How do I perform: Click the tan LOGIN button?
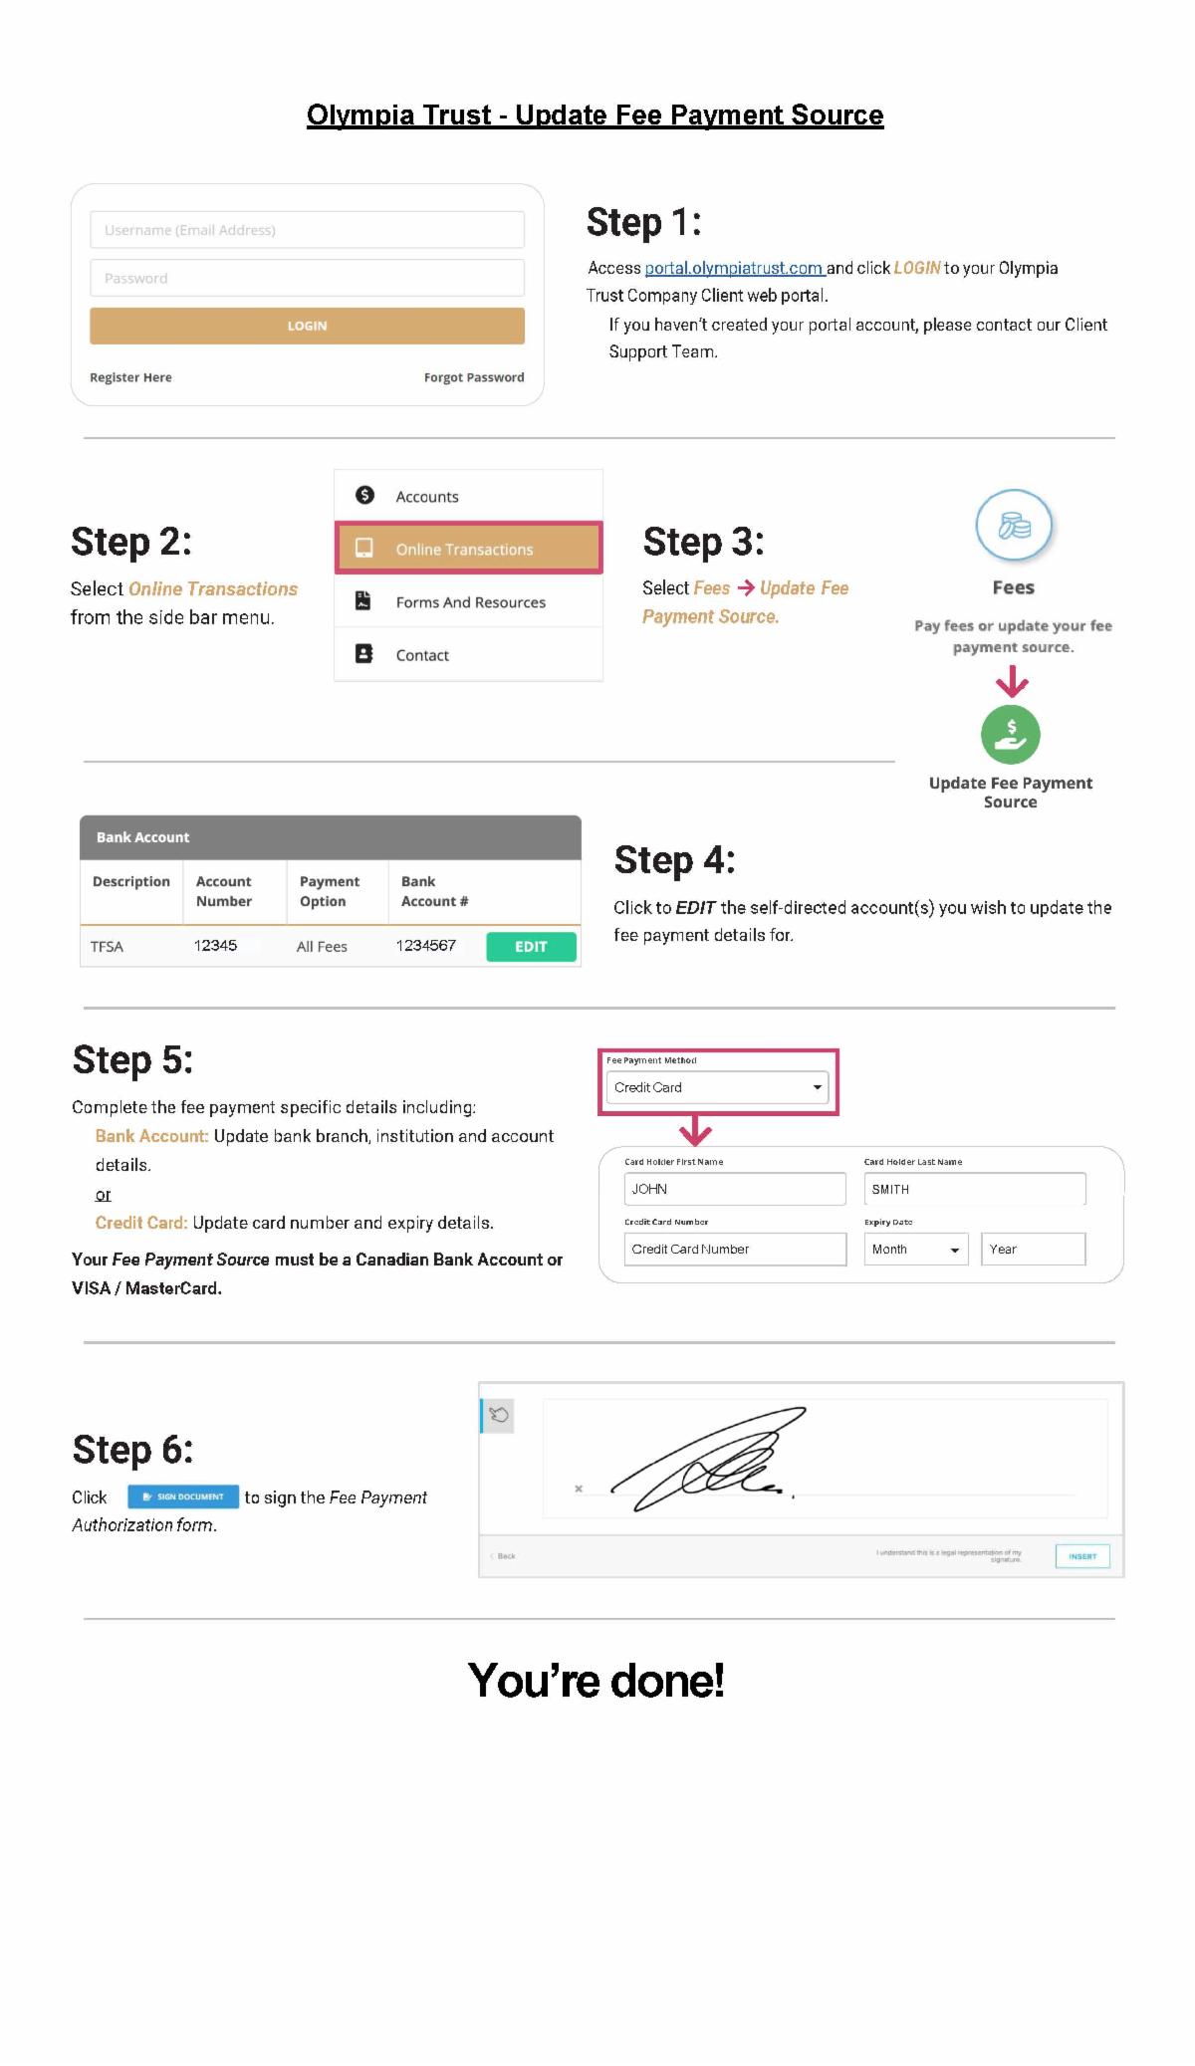tap(307, 326)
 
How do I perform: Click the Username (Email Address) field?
tap(307, 230)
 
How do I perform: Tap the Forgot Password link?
tap(473, 377)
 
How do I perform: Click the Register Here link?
tap(130, 377)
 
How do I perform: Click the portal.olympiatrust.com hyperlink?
tap(734, 268)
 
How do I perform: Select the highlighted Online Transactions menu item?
tap(468, 549)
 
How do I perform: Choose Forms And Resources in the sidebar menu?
tap(470, 602)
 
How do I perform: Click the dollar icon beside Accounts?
tap(364, 495)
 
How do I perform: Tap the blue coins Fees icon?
tap(1013, 526)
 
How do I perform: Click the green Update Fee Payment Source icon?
tap(1010, 735)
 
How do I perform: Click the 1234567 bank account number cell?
tap(426, 946)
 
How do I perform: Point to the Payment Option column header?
tap(330, 891)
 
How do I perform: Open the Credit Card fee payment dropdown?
tap(717, 1087)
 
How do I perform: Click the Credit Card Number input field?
tap(735, 1249)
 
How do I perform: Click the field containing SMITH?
tap(974, 1189)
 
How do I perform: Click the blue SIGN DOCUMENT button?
tap(183, 1496)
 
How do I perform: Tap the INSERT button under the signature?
tap(1081, 1556)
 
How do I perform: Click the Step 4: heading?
tap(674, 860)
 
